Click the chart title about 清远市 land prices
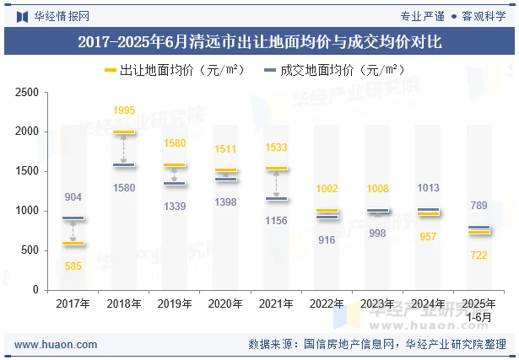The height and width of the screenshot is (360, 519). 259,40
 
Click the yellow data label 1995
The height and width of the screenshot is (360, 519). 123,110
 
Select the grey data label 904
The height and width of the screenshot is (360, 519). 73,197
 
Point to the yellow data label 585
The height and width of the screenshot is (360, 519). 73,266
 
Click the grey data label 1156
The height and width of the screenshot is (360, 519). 275,220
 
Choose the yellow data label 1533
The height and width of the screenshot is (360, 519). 275,148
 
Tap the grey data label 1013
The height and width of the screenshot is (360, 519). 427,188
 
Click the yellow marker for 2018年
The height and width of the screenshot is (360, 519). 123,132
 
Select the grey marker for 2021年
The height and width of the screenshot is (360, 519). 275,199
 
